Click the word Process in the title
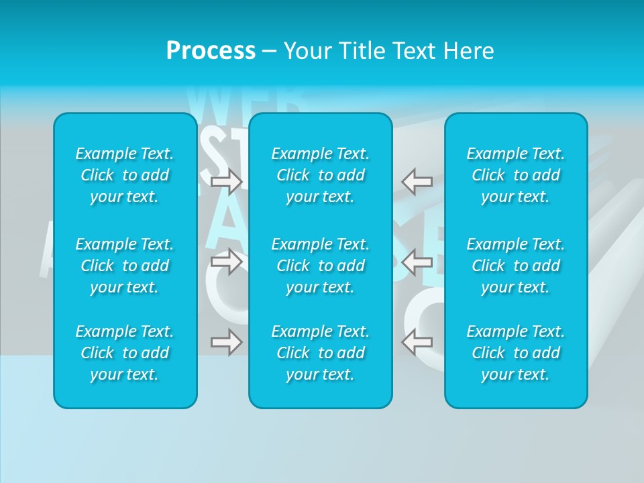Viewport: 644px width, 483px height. [211, 51]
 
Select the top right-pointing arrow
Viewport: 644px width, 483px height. [227, 182]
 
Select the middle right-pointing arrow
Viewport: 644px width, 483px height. [227, 262]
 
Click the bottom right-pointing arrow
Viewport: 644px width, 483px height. [227, 342]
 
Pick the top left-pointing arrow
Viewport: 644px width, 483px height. [417, 182]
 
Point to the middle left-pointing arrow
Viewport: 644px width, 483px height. [417, 262]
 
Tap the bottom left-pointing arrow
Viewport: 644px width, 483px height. [417, 342]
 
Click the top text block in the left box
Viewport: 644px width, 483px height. [125, 175]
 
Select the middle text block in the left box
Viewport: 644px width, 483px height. [125, 266]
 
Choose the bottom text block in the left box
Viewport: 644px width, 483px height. [125, 353]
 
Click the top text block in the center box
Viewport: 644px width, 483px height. [320, 175]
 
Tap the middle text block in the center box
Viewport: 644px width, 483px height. [320, 266]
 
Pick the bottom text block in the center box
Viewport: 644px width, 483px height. [320, 353]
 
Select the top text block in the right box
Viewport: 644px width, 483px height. [515, 175]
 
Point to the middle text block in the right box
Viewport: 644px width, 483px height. [515, 266]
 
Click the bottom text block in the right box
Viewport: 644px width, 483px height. [515, 353]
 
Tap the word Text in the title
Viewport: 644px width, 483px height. [415, 51]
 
